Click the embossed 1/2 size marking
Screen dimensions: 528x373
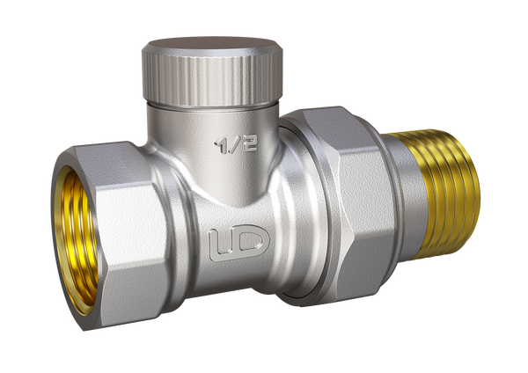pyautogui.click(x=237, y=145)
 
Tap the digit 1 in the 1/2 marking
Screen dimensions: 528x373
pyautogui.click(x=221, y=146)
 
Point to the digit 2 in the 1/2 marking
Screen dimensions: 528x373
pyautogui.click(x=250, y=143)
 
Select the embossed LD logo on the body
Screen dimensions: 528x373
pyautogui.click(x=239, y=243)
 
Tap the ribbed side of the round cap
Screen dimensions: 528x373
pyautogui.click(x=212, y=79)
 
